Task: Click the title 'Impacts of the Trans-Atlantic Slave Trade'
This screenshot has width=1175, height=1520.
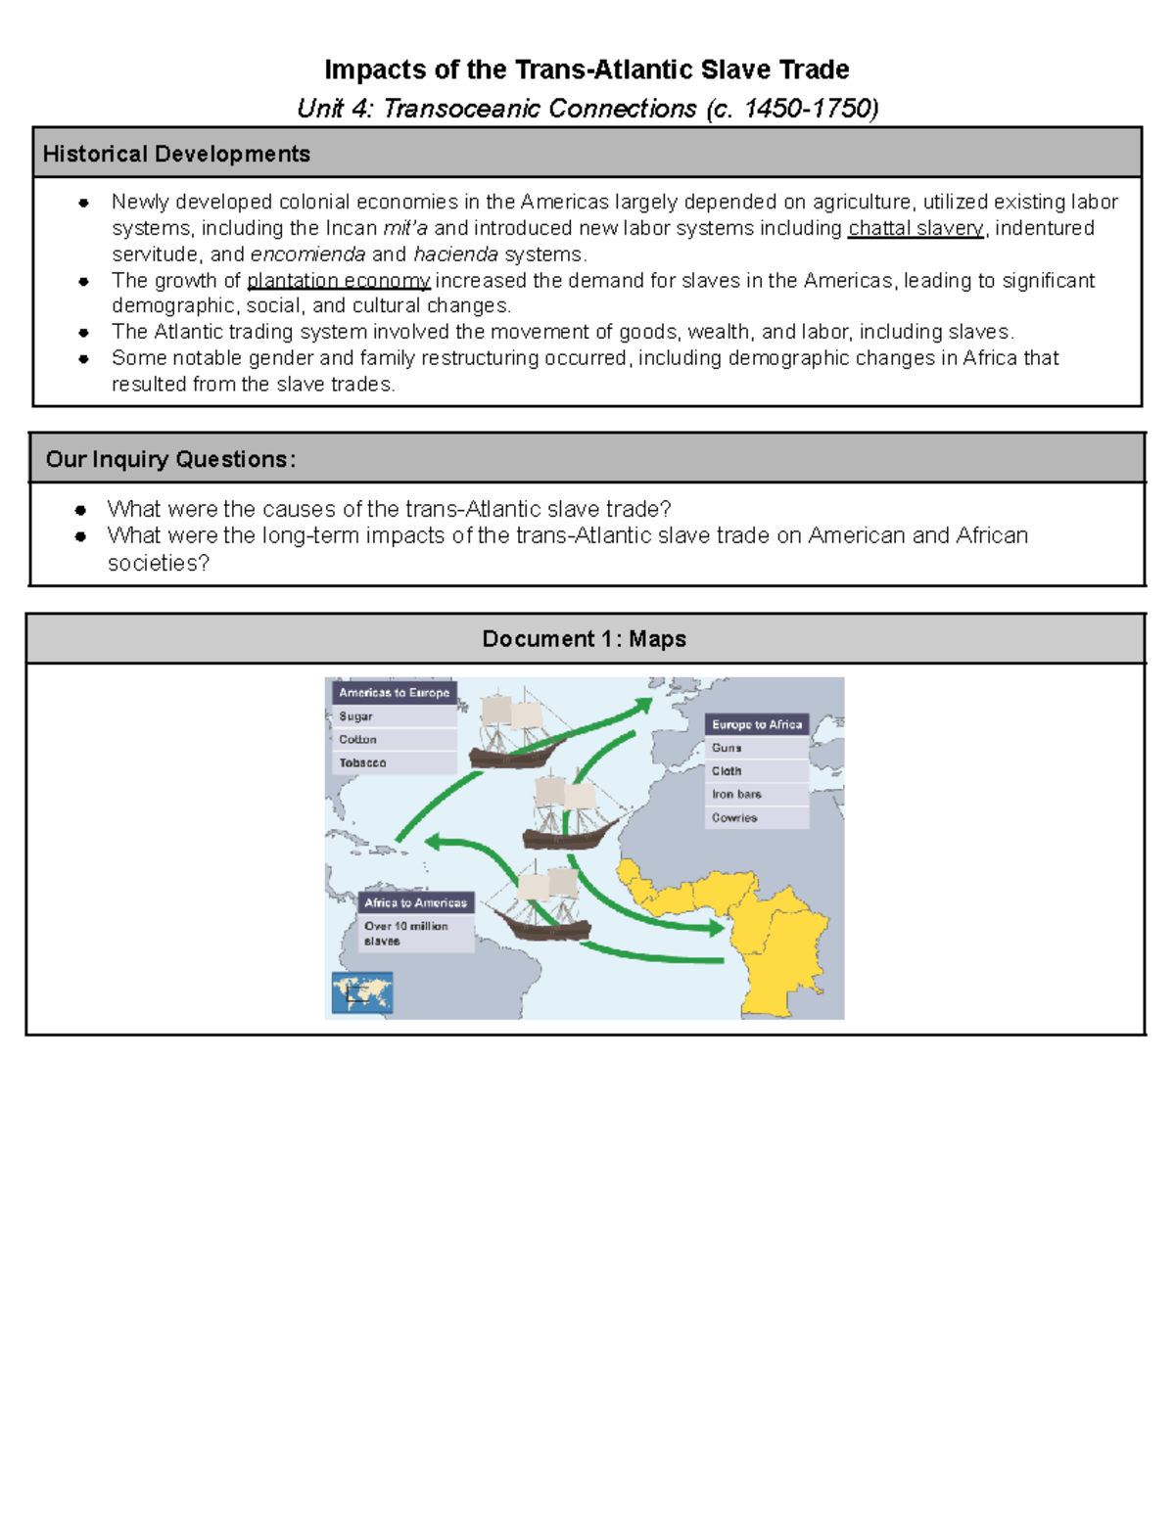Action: pos(587,69)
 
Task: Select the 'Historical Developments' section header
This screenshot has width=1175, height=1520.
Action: pos(176,154)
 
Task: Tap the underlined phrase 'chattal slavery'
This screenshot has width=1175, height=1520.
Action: pos(916,228)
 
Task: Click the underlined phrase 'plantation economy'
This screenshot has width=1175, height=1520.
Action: pos(338,281)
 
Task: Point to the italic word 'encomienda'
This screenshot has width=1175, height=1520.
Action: pos(307,254)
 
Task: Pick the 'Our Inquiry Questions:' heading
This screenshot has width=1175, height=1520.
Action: pos(170,459)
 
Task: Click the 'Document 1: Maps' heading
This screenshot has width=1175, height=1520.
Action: pos(585,639)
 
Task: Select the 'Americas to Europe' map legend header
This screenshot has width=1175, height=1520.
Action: pos(394,693)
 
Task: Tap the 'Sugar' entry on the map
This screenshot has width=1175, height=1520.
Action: pos(355,716)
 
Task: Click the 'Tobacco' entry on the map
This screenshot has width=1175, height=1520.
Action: pos(362,763)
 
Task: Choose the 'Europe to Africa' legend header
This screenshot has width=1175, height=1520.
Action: pos(757,725)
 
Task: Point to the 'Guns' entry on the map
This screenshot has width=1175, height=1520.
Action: pos(727,748)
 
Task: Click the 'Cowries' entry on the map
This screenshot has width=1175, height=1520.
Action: pos(734,818)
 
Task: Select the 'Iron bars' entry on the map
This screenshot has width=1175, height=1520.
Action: pos(736,795)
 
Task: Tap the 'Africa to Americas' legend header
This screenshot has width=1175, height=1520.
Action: pos(415,903)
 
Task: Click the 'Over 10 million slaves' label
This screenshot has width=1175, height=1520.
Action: pos(405,934)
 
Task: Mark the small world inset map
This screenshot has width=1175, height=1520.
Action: pos(362,992)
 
